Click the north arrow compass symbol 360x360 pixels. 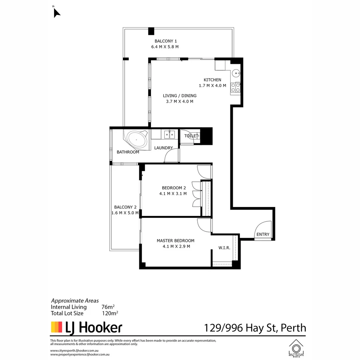[x=57, y=12]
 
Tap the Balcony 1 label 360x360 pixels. [x=166, y=41]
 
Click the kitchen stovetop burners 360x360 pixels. [x=236, y=87]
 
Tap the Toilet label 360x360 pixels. [x=191, y=136]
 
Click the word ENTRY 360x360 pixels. [x=263, y=234]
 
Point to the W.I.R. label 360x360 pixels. [x=224, y=248]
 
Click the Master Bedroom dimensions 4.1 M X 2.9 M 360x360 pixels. [x=176, y=247]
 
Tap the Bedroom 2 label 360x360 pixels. [x=174, y=188]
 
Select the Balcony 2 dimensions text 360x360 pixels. [x=125, y=213]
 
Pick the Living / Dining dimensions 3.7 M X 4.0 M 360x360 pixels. [x=180, y=101]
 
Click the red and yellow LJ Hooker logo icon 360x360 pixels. [x=56, y=327]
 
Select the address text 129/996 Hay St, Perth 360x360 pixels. [x=255, y=328]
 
